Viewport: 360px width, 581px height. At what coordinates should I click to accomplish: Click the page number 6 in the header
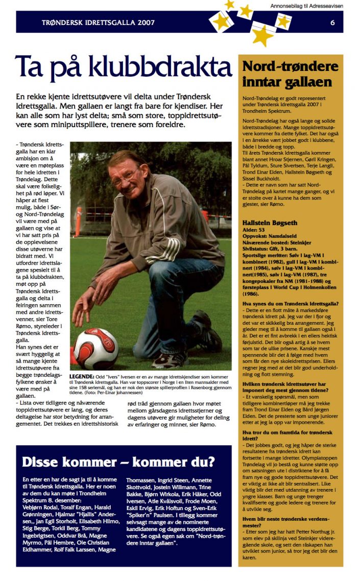click(332, 22)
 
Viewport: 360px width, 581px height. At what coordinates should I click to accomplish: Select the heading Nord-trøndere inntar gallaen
click(290, 74)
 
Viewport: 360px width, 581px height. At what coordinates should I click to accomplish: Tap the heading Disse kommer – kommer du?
click(118, 462)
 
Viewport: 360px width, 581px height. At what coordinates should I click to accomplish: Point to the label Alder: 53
click(254, 231)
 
